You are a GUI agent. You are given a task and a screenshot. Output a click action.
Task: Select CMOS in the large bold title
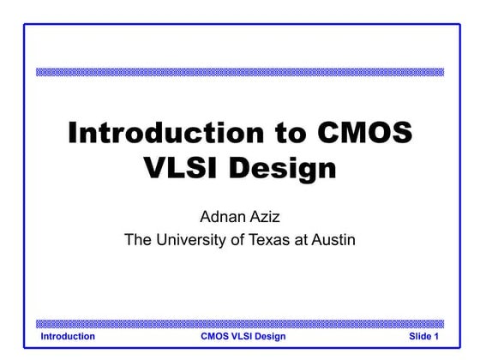click(364, 134)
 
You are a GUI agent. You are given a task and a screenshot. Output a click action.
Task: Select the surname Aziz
click(267, 213)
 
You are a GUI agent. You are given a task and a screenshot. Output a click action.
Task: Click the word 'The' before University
click(138, 239)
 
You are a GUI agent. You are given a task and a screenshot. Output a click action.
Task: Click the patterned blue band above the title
click(240, 72)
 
